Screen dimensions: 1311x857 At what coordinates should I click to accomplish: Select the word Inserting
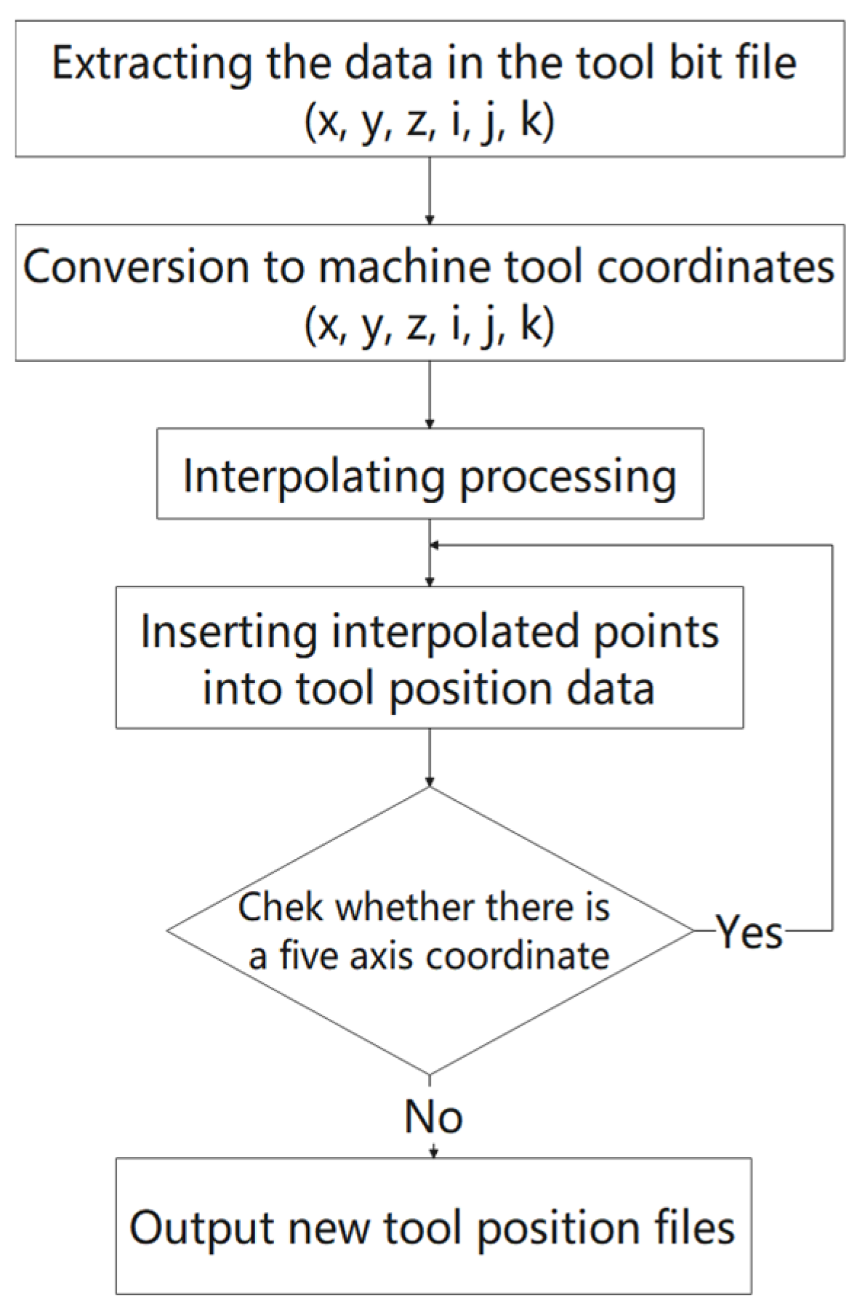228,632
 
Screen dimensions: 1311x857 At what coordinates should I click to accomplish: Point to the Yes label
749,932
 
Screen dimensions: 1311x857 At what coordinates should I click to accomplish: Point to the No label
433,1117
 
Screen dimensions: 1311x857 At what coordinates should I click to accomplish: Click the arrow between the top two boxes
430,190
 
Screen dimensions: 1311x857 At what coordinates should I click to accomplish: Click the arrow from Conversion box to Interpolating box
430,395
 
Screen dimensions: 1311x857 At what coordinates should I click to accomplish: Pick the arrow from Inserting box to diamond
430,758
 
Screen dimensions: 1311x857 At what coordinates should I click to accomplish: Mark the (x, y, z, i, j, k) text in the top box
430,120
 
